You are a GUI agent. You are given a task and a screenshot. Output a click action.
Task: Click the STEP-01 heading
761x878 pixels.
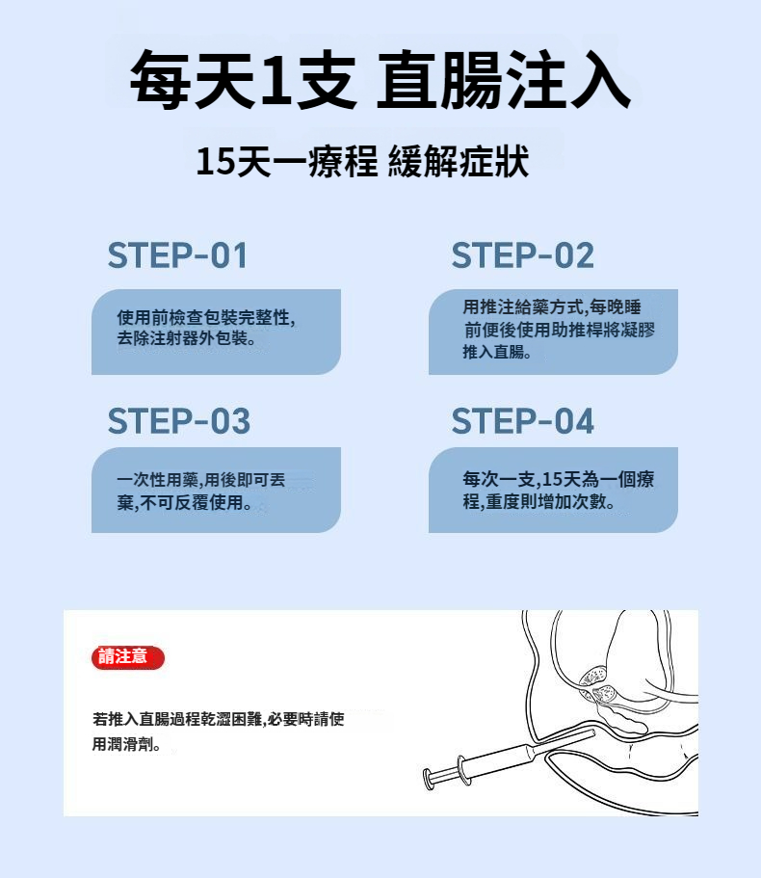[x=177, y=255]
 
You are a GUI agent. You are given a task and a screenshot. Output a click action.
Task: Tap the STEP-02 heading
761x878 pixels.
[x=523, y=255]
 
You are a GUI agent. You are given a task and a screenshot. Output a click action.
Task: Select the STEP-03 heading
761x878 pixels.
[x=178, y=421]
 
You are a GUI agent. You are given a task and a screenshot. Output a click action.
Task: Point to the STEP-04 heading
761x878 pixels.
[x=523, y=421]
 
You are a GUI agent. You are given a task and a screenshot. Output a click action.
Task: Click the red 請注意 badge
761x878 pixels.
[x=127, y=657]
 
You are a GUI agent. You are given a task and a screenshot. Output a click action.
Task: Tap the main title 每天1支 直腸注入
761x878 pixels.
[x=380, y=80]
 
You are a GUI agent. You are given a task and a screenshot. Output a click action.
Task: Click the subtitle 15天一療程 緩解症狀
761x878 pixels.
[x=362, y=161]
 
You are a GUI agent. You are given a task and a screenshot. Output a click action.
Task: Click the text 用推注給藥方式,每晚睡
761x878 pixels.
[x=552, y=306]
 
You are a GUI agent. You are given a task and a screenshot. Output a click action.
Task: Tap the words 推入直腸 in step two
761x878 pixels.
[x=493, y=352]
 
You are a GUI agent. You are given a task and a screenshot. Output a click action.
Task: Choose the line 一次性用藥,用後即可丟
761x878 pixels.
[x=201, y=480]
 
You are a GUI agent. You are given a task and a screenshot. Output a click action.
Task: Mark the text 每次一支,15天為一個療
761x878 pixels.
[x=559, y=479]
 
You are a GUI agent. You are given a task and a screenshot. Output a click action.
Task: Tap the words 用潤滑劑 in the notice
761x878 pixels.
[x=122, y=744]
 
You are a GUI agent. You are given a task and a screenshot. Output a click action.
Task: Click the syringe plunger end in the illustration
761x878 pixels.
[x=429, y=779]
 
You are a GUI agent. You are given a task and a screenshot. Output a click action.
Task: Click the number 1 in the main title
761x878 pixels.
[x=276, y=80]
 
